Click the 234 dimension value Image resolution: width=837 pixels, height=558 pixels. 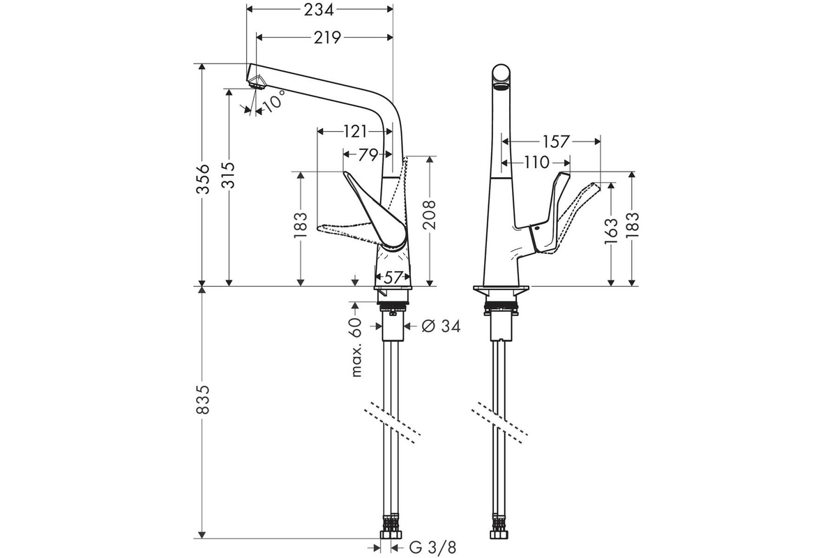click(318, 10)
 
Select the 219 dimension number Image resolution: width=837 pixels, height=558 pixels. click(327, 38)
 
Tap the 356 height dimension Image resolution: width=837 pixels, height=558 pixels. click(203, 179)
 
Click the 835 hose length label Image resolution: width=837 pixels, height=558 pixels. click(203, 400)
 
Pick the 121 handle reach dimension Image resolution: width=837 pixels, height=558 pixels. click(354, 132)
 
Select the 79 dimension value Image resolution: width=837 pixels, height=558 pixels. click(368, 154)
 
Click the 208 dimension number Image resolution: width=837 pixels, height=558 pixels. click(430, 215)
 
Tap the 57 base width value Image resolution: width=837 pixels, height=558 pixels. click(392, 278)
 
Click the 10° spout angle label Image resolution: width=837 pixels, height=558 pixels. click(275, 100)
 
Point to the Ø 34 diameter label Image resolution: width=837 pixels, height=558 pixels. click(441, 326)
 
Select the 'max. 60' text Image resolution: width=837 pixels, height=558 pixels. click(357, 347)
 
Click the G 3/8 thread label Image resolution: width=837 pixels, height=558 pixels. click(432, 548)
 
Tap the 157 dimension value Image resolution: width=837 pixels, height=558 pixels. click(556, 142)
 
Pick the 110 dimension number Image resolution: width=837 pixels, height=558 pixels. click(536, 163)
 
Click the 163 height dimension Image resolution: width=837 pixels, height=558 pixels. click(611, 232)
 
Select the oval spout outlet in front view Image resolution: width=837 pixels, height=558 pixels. click(501, 88)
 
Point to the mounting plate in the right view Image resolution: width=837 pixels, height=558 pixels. click(501, 289)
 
